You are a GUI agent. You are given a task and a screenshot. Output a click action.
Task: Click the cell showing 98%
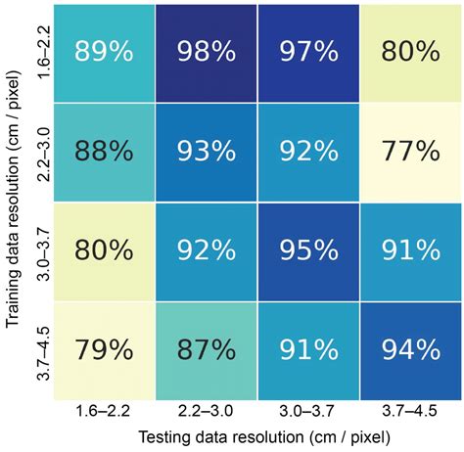tap(206, 51)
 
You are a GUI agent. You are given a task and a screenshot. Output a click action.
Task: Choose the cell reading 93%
tap(206, 151)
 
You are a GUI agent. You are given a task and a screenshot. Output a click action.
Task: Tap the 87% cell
tap(206, 350)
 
